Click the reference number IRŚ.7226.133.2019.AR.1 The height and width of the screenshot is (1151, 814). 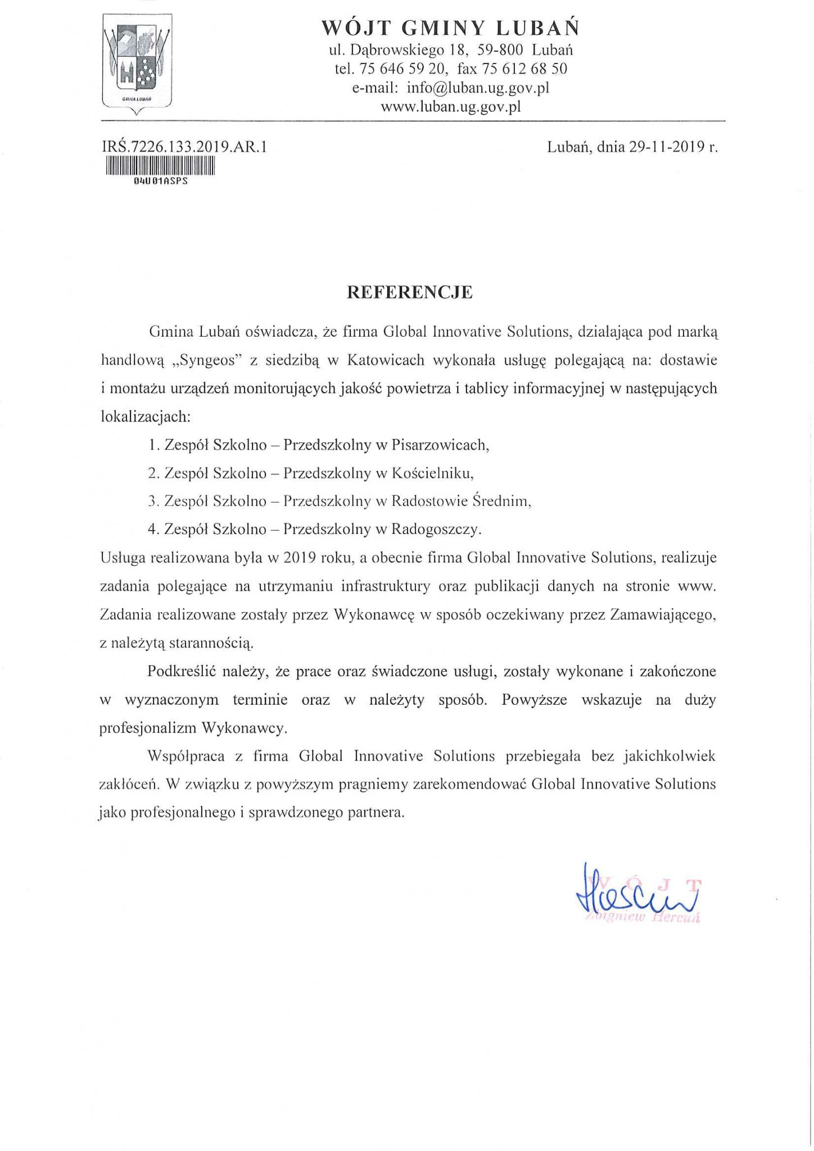coord(183,148)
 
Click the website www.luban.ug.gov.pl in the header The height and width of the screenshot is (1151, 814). coord(451,106)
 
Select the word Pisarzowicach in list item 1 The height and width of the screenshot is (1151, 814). coord(438,445)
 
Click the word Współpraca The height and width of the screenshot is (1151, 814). coord(186,756)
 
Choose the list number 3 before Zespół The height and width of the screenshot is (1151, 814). coord(151,501)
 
